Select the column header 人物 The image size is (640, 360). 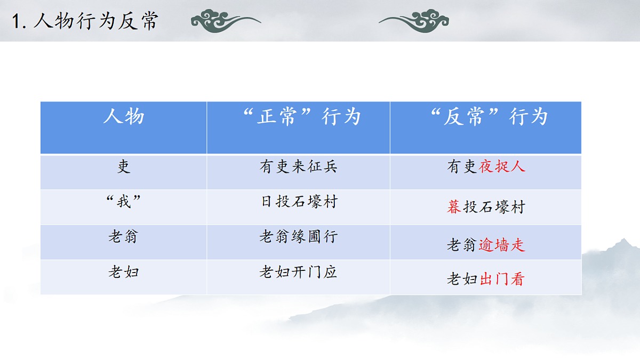[x=124, y=116]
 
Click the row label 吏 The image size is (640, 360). [x=124, y=167]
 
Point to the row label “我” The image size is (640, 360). [x=124, y=202]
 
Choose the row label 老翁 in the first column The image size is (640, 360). [x=123, y=236]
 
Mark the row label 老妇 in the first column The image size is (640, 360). [x=124, y=272]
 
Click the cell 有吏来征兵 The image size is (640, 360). [x=299, y=167]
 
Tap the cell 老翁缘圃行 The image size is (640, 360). [x=299, y=236]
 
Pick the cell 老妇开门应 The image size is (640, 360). [x=299, y=272]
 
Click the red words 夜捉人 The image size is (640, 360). [x=502, y=167]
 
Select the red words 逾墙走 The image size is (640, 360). [x=502, y=245]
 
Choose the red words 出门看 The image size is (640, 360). [x=502, y=279]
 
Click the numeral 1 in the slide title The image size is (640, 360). [x=17, y=22]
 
